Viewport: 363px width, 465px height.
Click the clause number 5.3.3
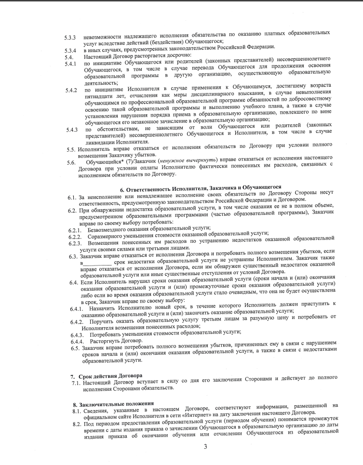click(x=71, y=37)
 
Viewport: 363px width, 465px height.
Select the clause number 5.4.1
click(x=71, y=64)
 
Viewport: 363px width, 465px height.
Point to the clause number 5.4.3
click(x=72, y=129)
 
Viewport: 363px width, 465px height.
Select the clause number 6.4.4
click(x=76, y=340)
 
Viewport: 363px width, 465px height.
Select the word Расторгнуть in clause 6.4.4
click(x=107, y=340)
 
